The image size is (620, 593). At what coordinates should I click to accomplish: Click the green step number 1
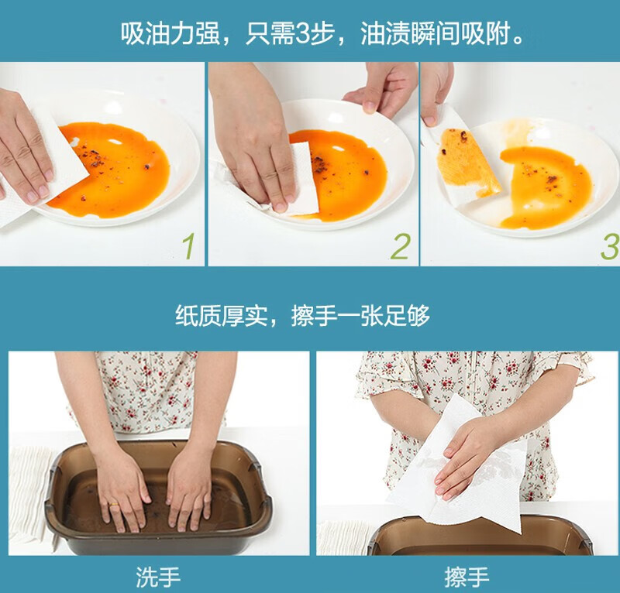(x=189, y=245)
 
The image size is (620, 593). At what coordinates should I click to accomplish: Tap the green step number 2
(x=400, y=245)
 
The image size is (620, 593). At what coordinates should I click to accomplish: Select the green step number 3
(x=611, y=245)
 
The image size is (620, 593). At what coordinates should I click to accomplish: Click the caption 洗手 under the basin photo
(x=158, y=578)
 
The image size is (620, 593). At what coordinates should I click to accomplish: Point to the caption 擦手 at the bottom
(x=467, y=578)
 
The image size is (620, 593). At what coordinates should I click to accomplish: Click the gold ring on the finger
(x=114, y=505)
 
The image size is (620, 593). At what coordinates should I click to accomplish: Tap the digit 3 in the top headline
(x=303, y=33)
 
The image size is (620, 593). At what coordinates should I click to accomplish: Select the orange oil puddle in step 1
(x=115, y=170)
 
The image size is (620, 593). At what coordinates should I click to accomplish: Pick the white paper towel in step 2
(x=302, y=180)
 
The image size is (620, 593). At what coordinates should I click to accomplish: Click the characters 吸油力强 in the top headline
(x=170, y=33)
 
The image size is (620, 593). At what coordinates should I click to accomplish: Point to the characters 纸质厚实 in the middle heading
(x=222, y=315)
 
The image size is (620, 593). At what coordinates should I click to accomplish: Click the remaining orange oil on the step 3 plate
(x=546, y=187)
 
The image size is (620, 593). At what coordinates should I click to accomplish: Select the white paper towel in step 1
(x=43, y=166)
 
